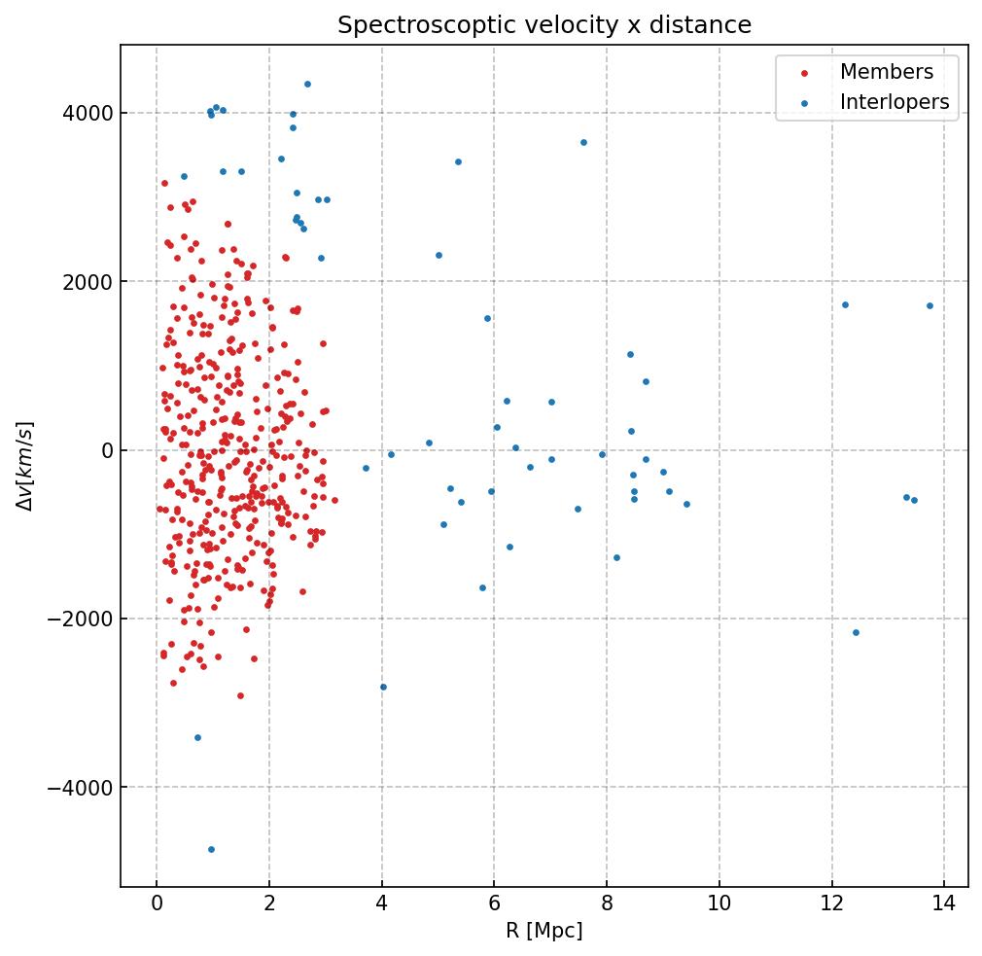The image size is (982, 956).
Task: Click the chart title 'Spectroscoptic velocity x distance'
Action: click(x=544, y=25)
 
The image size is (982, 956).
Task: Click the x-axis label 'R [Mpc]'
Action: click(x=544, y=931)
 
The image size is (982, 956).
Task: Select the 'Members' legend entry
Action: click(x=886, y=73)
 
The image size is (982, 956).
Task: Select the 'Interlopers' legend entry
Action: click(x=894, y=102)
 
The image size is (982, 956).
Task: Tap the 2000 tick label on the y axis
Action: click(x=86, y=282)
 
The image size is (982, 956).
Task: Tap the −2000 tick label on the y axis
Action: click(x=82, y=620)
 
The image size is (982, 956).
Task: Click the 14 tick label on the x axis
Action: click(x=943, y=903)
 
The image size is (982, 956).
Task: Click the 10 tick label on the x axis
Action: click(x=719, y=903)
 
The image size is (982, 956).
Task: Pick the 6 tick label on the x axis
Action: click(x=494, y=903)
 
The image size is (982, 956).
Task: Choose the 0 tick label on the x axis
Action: click(x=157, y=903)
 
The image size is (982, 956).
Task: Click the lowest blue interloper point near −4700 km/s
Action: click(x=211, y=849)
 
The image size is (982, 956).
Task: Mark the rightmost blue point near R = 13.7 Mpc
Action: click(x=929, y=305)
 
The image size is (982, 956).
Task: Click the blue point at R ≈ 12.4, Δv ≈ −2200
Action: click(x=856, y=632)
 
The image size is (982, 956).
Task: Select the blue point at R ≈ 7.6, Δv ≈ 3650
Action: click(x=583, y=142)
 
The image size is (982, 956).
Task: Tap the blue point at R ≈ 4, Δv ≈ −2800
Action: click(x=383, y=687)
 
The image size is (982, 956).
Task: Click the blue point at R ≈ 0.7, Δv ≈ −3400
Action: click(x=197, y=737)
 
